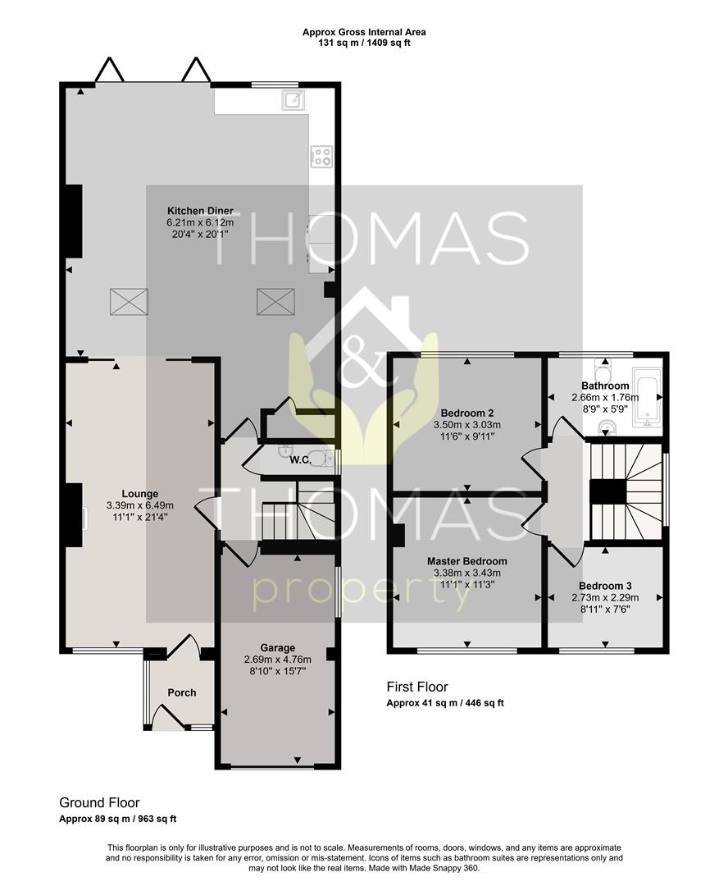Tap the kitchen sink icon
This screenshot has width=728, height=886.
(294, 101)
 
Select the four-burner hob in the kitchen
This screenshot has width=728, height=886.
(321, 156)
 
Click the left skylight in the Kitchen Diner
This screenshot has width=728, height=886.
(129, 302)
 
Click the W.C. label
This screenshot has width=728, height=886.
(299, 459)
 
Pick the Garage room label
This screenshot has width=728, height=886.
(278, 647)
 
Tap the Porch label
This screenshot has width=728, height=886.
(182, 692)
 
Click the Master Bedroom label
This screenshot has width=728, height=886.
(466, 561)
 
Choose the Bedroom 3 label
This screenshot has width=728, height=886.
(605, 586)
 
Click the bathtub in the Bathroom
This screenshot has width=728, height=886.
(647, 398)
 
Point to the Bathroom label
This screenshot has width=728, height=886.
(605, 386)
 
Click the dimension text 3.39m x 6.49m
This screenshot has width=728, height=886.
(140, 505)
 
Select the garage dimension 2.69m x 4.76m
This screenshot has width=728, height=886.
(278, 659)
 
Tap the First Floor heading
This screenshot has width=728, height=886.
(416, 687)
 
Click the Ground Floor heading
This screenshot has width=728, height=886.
(99, 802)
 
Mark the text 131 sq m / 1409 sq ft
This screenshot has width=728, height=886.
(364, 43)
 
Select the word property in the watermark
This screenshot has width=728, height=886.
(363, 593)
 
